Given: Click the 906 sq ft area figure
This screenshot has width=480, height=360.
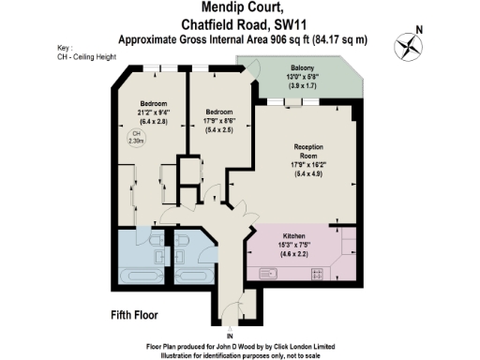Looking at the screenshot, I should (282, 39).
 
